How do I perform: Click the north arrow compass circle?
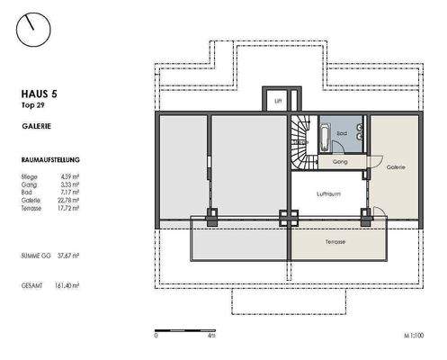[x=34, y=27]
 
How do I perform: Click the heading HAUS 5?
[x=40, y=93]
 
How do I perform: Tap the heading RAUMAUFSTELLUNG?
[x=50, y=158]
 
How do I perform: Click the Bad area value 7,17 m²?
[x=69, y=192]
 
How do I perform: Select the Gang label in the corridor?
[x=339, y=163]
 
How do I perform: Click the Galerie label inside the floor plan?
[x=395, y=167]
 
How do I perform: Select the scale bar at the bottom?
[x=183, y=329]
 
